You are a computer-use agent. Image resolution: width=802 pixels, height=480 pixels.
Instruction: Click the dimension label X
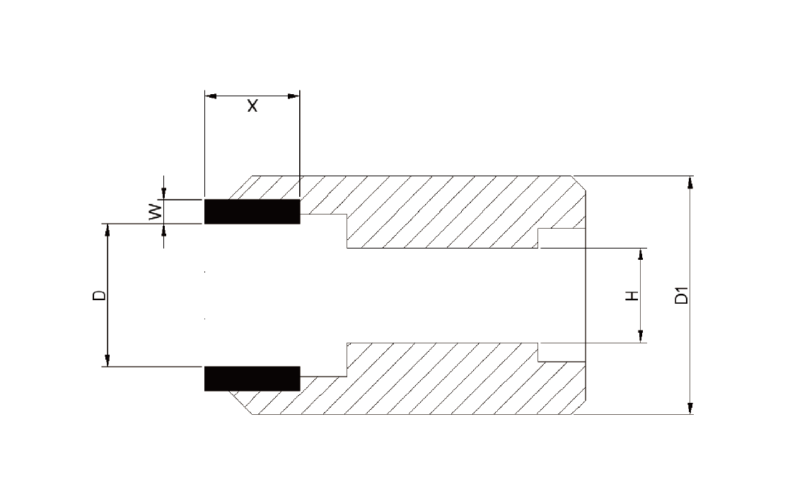(x=252, y=106)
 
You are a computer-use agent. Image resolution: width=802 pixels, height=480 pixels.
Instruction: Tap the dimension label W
(x=156, y=212)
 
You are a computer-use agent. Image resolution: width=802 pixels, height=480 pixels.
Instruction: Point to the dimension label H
(x=633, y=296)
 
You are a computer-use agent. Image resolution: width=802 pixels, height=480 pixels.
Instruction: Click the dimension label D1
(x=682, y=295)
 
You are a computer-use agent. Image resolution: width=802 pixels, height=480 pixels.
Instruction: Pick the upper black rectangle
(x=252, y=212)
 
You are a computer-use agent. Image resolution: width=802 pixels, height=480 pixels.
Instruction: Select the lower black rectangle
(x=252, y=379)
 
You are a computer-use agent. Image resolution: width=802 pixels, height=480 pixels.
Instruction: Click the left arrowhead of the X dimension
(x=211, y=96)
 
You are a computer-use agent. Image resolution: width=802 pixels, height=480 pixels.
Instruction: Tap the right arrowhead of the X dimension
(x=294, y=96)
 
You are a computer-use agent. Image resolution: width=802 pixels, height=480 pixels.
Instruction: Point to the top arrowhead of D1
(x=690, y=183)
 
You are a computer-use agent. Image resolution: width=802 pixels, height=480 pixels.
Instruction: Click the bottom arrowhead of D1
(x=690, y=408)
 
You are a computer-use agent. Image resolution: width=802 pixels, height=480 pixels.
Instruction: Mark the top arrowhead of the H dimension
(x=641, y=255)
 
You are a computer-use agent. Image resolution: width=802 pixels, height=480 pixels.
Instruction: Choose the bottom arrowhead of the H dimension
(x=641, y=336)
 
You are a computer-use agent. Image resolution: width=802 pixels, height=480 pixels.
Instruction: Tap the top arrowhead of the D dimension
(x=107, y=230)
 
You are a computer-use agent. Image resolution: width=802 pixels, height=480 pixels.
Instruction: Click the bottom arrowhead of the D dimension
(x=107, y=360)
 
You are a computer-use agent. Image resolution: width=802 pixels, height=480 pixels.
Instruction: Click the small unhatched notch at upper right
(x=562, y=238)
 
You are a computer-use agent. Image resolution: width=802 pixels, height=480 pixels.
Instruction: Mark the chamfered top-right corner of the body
(x=579, y=183)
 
